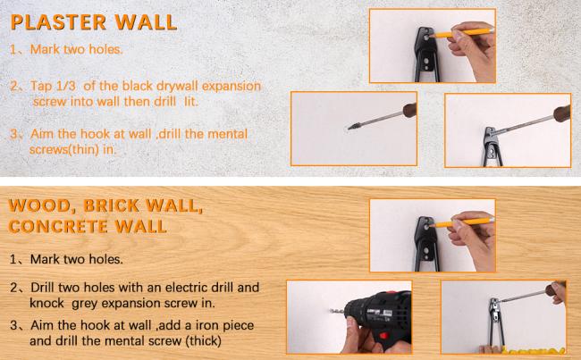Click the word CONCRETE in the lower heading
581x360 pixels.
pyautogui.click(x=58, y=226)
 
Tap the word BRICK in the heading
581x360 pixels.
pyautogui.click(x=112, y=205)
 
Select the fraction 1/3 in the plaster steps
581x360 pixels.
pyautogui.click(x=65, y=86)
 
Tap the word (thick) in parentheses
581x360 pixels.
pyautogui.click(x=205, y=340)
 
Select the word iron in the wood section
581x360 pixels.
pyautogui.click(x=208, y=325)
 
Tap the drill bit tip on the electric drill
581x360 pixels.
pyautogui.click(x=330, y=311)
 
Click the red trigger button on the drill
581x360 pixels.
pyautogui.click(x=383, y=336)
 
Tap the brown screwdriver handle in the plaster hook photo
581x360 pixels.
pyautogui.click(x=561, y=113)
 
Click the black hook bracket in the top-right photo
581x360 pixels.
pyautogui.click(x=427, y=54)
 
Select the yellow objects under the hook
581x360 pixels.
pyautogui.click(x=534, y=350)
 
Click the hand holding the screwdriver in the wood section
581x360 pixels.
pyautogui.click(x=556, y=292)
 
